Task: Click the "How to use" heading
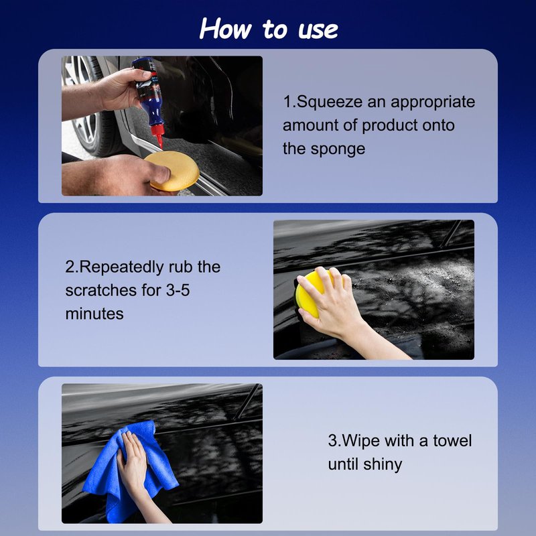[x=269, y=29]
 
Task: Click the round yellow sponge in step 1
[x=172, y=171]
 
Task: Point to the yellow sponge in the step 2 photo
[x=310, y=295]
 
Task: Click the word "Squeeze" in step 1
[x=329, y=103]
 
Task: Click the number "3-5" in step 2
[x=178, y=290]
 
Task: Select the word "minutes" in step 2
[x=94, y=314]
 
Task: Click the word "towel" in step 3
[x=452, y=441]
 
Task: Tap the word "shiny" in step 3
[x=383, y=464]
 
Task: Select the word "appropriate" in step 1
[x=433, y=103]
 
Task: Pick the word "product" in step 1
[x=389, y=126]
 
